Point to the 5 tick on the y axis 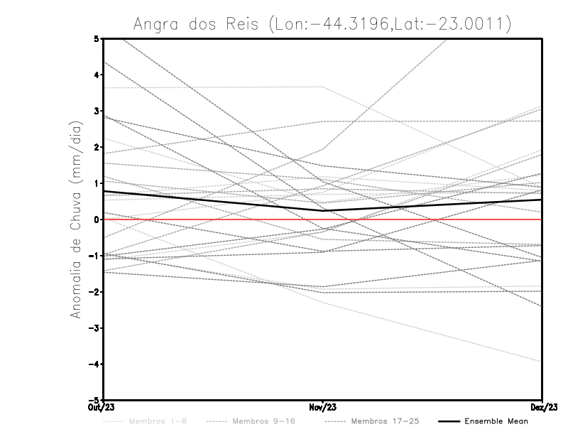point(97,38)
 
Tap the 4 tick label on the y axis point(97,75)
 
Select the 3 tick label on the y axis point(97,111)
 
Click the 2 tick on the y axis point(97,147)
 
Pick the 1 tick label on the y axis point(97,183)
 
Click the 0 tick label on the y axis point(97,220)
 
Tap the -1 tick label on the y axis point(94,256)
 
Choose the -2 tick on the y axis point(94,292)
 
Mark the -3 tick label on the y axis point(94,328)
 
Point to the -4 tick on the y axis point(94,364)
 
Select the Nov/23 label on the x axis point(323,407)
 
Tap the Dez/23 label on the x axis point(542,407)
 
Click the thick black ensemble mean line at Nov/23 point(323,210)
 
